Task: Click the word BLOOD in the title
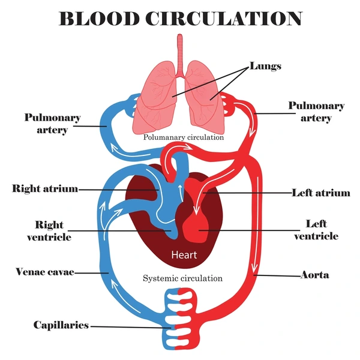[x=100, y=19]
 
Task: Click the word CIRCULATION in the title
[x=224, y=19]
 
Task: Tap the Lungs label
[x=265, y=66]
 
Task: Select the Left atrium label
[x=321, y=193]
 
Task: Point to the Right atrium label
[x=45, y=188]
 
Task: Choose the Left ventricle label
[x=316, y=230]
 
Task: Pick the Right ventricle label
[x=49, y=231]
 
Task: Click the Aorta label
[x=315, y=275]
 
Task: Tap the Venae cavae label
[x=45, y=272]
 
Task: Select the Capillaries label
[x=61, y=325]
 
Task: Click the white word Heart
[x=184, y=255]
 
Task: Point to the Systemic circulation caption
[x=183, y=278]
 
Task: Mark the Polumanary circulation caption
[x=184, y=137]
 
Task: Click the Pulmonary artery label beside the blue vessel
[x=52, y=124]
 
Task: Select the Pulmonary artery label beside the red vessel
[x=316, y=112]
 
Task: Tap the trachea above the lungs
[x=180, y=55]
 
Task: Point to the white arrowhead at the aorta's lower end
[x=254, y=268]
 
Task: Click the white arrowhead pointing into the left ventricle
[x=196, y=211]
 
